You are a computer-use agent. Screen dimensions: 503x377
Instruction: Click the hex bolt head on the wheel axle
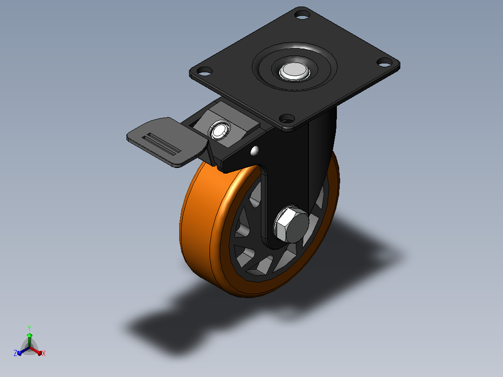click(291, 224)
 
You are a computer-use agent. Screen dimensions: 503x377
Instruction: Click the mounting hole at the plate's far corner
click(302, 15)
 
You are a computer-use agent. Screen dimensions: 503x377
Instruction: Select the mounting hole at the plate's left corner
click(204, 71)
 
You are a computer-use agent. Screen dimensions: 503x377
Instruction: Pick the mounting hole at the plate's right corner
click(384, 62)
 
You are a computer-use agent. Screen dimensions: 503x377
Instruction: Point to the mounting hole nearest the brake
click(287, 119)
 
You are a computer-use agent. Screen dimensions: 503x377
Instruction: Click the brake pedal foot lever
click(167, 141)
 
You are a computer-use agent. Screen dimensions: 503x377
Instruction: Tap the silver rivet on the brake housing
click(219, 130)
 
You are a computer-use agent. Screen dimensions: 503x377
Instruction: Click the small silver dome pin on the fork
click(255, 151)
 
